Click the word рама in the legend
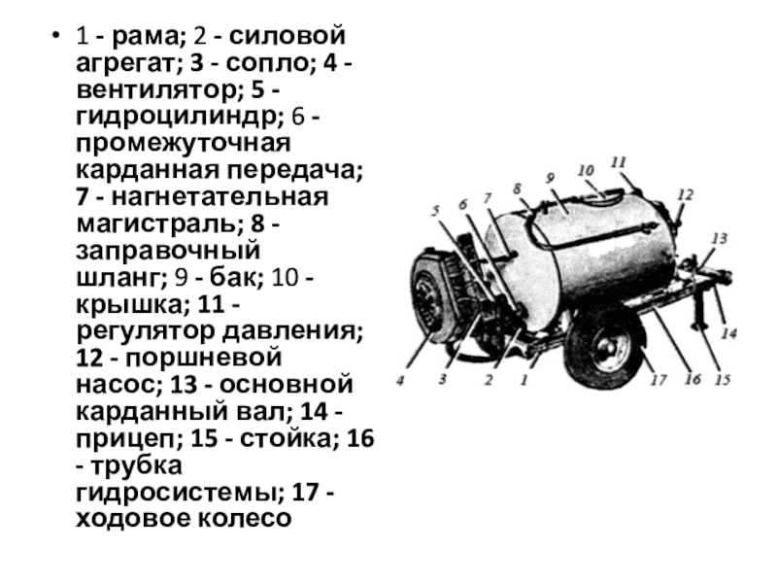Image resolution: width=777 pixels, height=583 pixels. pyautogui.click(x=145, y=36)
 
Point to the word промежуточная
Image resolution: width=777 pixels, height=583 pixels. pyautogui.click(x=183, y=144)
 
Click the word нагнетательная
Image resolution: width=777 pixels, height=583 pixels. pyautogui.click(x=220, y=197)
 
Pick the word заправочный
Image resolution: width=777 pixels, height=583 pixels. pyautogui.click(x=167, y=251)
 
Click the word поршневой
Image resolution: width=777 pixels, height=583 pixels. pyautogui.click(x=203, y=358)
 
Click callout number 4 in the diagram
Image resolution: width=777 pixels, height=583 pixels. pyautogui.click(x=400, y=381)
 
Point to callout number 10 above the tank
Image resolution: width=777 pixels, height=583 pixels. pyautogui.click(x=586, y=171)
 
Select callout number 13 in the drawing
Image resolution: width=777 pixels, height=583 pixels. pyautogui.click(x=719, y=238)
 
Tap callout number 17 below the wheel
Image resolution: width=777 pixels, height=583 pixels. pyautogui.click(x=659, y=380)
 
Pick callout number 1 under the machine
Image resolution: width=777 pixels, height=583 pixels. pyautogui.click(x=524, y=380)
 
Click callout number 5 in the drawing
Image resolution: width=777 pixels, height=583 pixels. pyautogui.click(x=436, y=211)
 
